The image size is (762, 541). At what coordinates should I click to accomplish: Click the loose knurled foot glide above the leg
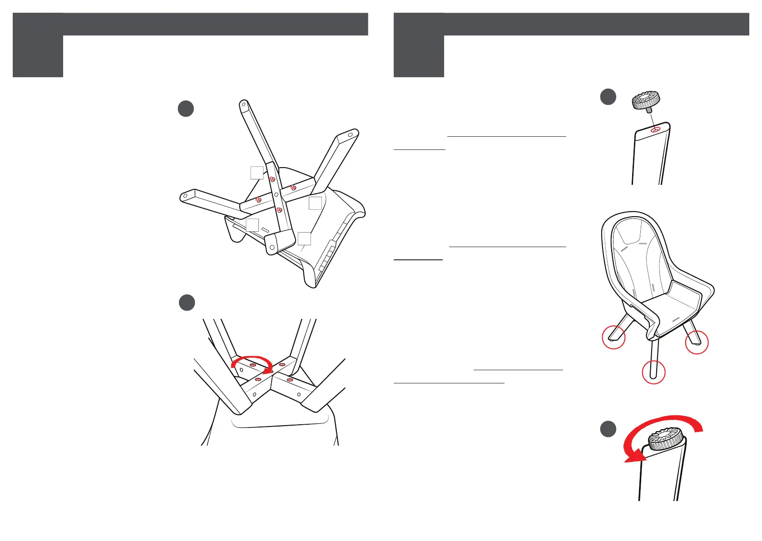[645, 100]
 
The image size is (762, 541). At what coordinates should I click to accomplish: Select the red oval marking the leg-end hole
[655, 130]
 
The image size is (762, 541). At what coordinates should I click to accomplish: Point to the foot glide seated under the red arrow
[665, 439]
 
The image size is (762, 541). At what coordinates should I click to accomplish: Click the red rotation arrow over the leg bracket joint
[252, 363]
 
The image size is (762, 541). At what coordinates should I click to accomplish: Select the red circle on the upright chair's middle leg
[653, 372]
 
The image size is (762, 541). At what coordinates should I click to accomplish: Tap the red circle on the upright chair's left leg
[614, 337]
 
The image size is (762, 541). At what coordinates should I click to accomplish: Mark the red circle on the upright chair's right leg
[697, 342]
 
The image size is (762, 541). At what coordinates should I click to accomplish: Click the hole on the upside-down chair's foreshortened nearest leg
[272, 248]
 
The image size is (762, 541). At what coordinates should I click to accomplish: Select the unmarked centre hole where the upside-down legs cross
[276, 194]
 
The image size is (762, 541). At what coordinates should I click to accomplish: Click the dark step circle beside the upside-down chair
[186, 109]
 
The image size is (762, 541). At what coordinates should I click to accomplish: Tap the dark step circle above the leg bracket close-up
[187, 303]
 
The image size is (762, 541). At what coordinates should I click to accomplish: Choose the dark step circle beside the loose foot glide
[608, 97]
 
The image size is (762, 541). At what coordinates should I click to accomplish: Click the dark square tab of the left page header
[38, 45]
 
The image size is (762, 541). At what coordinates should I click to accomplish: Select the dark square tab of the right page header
[419, 45]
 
